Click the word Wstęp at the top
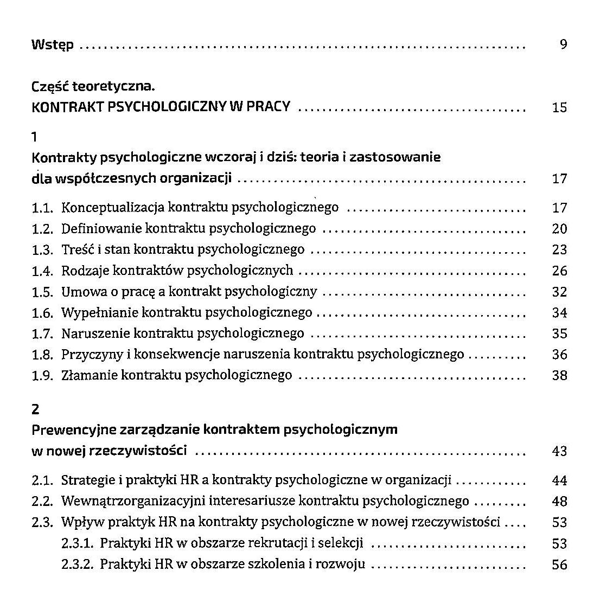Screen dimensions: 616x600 [53, 45]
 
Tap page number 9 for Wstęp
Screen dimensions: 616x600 [563, 44]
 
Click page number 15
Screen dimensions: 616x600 [559, 107]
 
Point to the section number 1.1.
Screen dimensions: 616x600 [42, 208]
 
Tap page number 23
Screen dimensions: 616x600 [559, 249]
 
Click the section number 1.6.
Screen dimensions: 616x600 [42, 313]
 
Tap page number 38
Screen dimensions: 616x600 [559, 375]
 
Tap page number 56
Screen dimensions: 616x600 [559, 564]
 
